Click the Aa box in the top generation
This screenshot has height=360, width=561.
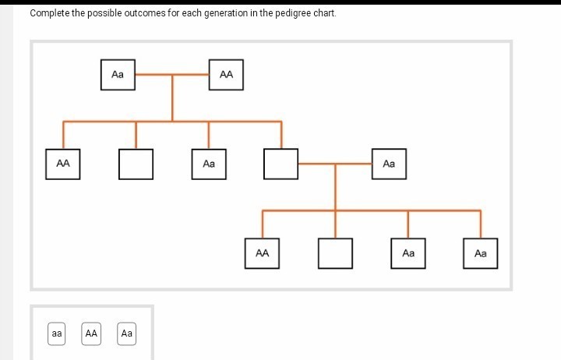tap(118, 75)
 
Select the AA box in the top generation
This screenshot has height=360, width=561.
tap(226, 75)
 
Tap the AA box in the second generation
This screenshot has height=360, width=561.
tap(63, 164)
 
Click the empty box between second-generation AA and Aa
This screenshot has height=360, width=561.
tap(136, 164)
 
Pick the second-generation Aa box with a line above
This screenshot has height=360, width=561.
tap(209, 164)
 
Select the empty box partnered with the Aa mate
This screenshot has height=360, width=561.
tap(280, 164)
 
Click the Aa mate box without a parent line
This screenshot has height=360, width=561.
tap(390, 164)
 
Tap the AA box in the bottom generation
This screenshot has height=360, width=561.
tap(263, 253)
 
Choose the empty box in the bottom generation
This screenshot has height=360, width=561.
tap(335, 253)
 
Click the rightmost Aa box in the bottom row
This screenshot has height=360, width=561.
tap(481, 253)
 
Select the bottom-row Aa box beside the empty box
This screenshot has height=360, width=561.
tap(408, 253)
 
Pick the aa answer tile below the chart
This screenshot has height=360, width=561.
tap(57, 334)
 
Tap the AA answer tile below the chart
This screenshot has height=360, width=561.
tap(91, 334)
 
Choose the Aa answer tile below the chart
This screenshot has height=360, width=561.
tap(127, 334)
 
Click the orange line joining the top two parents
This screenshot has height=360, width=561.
tap(172, 75)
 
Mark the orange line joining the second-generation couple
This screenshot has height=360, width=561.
tap(335, 164)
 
